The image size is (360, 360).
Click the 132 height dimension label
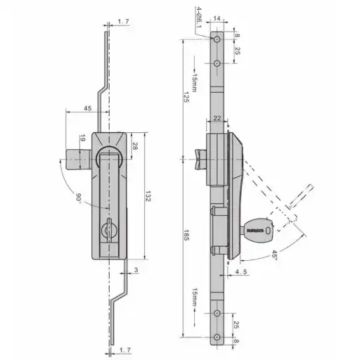tap(148, 196)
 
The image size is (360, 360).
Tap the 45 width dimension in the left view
tap(88, 108)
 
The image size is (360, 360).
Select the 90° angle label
tap(78, 197)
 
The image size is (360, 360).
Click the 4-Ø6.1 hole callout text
tap(198, 17)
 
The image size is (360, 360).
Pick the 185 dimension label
tap(186, 235)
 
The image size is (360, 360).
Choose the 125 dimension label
tap(186, 97)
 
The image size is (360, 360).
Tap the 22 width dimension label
tap(217, 118)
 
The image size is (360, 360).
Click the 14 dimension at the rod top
tap(217, 18)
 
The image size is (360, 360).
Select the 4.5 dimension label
tap(241, 272)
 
